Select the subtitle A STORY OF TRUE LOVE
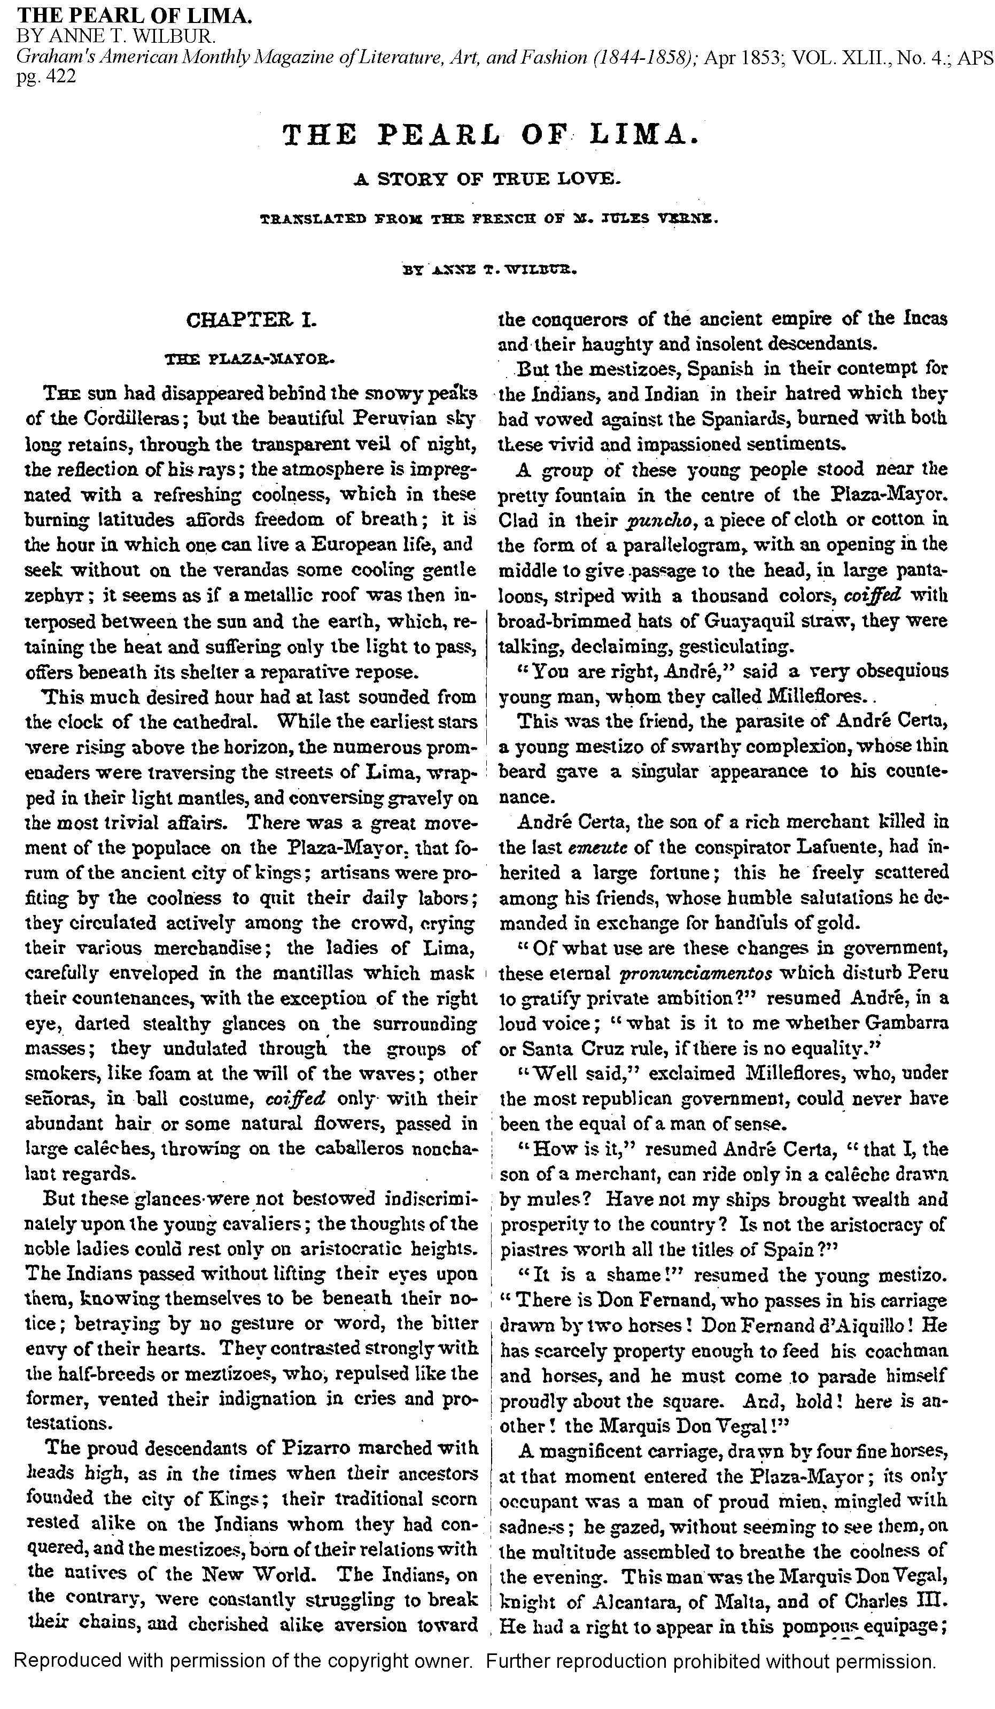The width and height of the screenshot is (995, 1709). [x=487, y=180]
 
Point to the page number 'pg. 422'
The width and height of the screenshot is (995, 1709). [x=46, y=76]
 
